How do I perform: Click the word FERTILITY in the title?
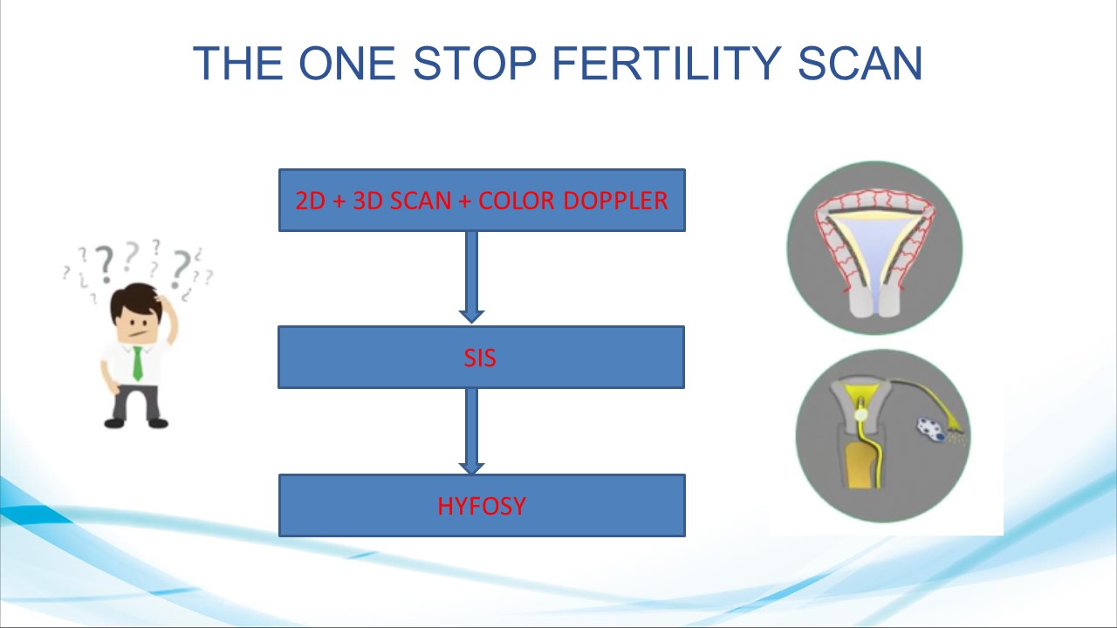(x=666, y=63)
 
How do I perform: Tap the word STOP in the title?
(x=475, y=63)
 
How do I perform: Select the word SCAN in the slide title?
(x=860, y=63)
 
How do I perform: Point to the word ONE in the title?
(x=347, y=63)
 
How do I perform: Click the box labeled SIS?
(x=481, y=357)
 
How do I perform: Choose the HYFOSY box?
(x=482, y=505)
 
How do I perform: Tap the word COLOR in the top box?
(x=516, y=201)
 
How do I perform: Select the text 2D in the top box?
(x=310, y=201)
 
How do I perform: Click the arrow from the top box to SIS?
(x=471, y=277)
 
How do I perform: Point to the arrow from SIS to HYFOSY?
(x=471, y=431)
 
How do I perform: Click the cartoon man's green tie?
(x=137, y=364)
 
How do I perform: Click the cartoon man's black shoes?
(x=136, y=423)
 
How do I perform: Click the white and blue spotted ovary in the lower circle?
(x=931, y=430)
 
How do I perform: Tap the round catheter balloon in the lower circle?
(x=860, y=414)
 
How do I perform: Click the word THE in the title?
(x=238, y=63)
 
